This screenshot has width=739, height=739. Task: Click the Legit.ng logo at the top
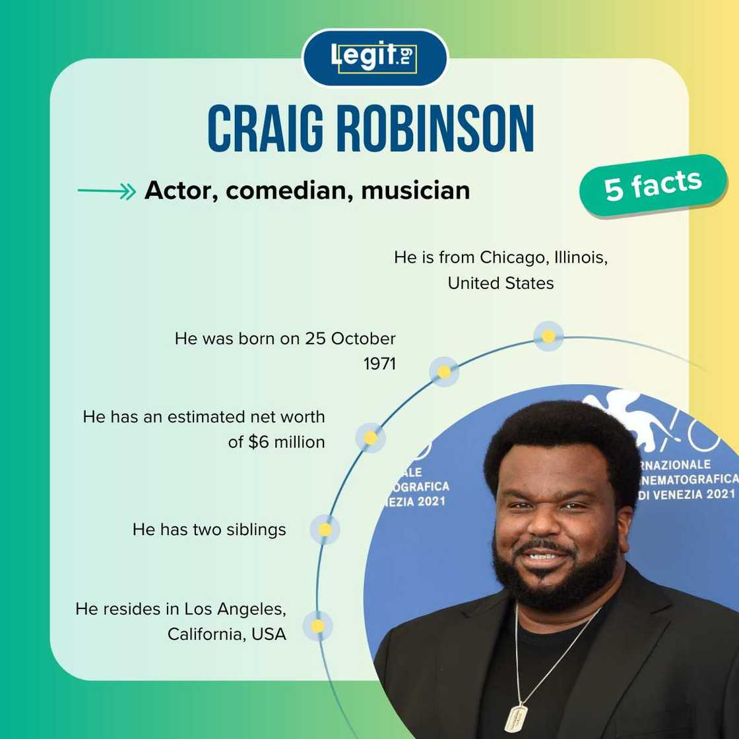click(x=374, y=57)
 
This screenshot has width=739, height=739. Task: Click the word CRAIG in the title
click(x=267, y=129)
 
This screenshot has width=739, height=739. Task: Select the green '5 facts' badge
click(x=653, y=186)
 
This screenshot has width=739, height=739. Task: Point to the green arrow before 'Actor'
click(x=106, y=191)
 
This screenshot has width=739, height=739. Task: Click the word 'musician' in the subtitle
click(x=416, y=191)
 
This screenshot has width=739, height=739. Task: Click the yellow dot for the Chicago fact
click(x=548, y=336)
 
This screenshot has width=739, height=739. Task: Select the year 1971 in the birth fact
click(x=379, y=364)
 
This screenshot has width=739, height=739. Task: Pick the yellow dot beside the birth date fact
click(x=444, y=372)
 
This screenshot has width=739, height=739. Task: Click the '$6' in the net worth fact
click(x=259, y=442)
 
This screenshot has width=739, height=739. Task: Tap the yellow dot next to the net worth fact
click(x=370, y=437)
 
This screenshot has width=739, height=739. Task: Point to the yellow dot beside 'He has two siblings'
click(x=325, y=529)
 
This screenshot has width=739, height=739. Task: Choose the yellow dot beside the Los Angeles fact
click(x=317, y=626)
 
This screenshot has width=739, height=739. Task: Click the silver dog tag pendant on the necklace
click(x=517, y=718)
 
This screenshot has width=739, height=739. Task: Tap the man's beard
click(x=554, y=581)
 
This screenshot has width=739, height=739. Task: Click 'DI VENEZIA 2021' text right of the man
click(x=686, y=494)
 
